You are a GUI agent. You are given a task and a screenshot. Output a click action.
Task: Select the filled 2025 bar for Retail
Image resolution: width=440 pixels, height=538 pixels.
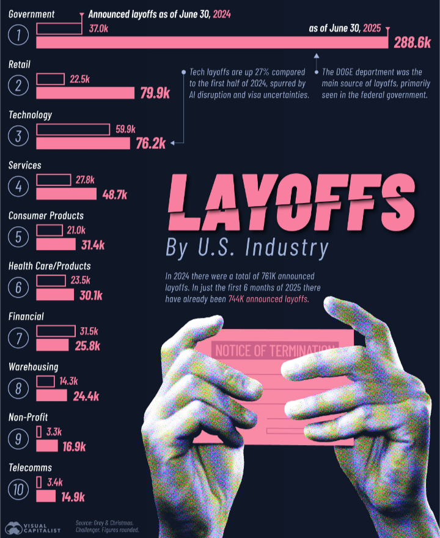(x=85, y=93)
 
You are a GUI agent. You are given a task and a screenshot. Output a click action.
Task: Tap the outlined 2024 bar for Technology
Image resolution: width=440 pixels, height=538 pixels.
(x=74, y=129)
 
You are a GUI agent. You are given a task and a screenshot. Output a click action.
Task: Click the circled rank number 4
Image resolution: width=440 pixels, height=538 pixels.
(x=19, y=186)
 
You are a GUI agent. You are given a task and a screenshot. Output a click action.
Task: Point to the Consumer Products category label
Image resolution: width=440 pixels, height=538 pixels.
(x=46, y=215)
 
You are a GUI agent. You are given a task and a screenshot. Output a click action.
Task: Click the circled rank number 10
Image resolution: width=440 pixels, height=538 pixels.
(x=19, y=489)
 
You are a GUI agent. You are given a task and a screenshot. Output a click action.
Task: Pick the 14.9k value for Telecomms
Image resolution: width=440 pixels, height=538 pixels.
(x=71, y=496)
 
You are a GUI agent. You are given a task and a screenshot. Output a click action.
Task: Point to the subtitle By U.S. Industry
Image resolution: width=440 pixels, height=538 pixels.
(x=247, y=249)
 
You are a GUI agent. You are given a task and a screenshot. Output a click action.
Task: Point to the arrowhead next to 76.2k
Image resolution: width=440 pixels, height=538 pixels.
(x=174, y=143)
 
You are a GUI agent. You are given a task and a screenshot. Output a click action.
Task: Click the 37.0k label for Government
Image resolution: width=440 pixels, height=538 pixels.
(x=98, y=28)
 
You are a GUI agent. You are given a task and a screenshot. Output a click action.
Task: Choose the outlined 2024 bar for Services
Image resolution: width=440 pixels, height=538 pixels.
(x=53, y=180)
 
